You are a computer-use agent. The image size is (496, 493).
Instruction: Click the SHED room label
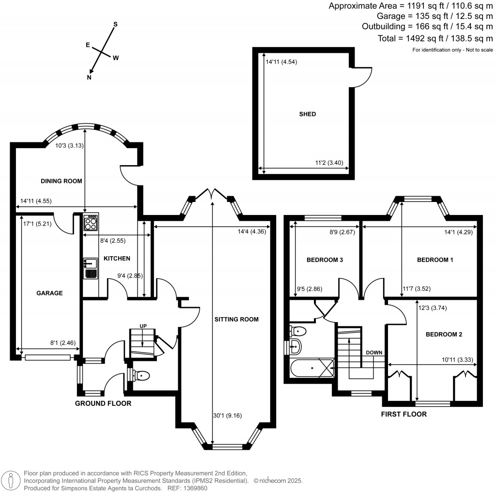[x=307, y=114]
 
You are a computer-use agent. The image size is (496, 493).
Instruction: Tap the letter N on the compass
[x=89, y=77]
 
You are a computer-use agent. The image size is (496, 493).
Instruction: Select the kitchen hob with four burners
[x=91, y=222]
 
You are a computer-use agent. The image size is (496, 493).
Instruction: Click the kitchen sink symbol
[x=91, y=264]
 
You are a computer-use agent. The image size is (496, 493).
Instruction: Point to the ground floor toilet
[x=140, y=375]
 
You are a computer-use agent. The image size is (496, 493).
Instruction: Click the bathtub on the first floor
[x=311, y=367]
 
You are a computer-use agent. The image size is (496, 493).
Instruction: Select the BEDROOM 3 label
[x=325, y=260]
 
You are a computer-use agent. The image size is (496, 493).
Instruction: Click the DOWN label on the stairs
[x=375, y=352]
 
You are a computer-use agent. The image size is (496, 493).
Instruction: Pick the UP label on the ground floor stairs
[x=143, y=326]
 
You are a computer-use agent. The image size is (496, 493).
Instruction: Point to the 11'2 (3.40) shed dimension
[x=329, y=163]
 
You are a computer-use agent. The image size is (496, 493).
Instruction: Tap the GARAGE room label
[x=49, y=293]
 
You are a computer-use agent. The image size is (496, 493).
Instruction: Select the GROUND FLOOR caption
[x=103, y=403]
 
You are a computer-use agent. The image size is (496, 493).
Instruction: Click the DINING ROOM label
[x=62, y=181]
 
